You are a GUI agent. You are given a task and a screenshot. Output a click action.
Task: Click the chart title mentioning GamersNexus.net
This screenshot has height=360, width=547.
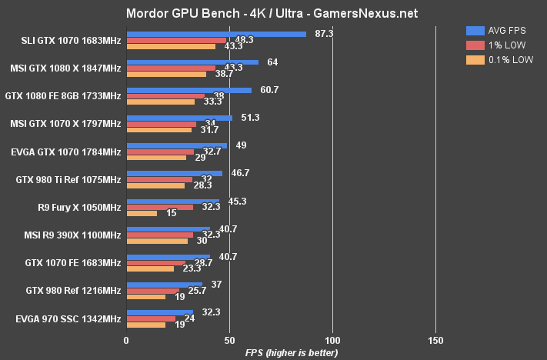(272, 14)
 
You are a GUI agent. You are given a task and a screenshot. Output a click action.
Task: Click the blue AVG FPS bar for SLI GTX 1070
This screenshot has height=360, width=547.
(216, 33)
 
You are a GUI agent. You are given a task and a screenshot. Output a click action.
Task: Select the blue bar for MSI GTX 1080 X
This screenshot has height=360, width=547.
(192, 62)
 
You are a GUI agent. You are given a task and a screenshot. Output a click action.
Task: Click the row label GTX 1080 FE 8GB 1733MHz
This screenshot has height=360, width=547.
(63, 96)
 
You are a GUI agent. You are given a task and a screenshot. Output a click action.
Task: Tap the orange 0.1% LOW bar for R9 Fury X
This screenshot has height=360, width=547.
(142, 213)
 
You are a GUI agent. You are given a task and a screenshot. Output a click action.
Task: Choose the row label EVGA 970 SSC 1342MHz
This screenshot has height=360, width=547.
(68, 318)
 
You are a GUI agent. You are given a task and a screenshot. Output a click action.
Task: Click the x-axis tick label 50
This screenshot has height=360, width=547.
(229, 339)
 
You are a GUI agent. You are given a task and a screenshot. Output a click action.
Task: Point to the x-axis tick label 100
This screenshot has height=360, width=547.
(332, 339)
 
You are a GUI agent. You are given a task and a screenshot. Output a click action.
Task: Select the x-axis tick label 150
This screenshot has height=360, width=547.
(435, 339)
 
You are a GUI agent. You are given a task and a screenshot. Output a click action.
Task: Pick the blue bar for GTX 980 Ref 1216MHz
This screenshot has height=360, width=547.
(164, 284)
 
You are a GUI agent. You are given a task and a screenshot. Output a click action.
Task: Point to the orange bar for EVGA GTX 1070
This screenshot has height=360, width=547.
(156, 158)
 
